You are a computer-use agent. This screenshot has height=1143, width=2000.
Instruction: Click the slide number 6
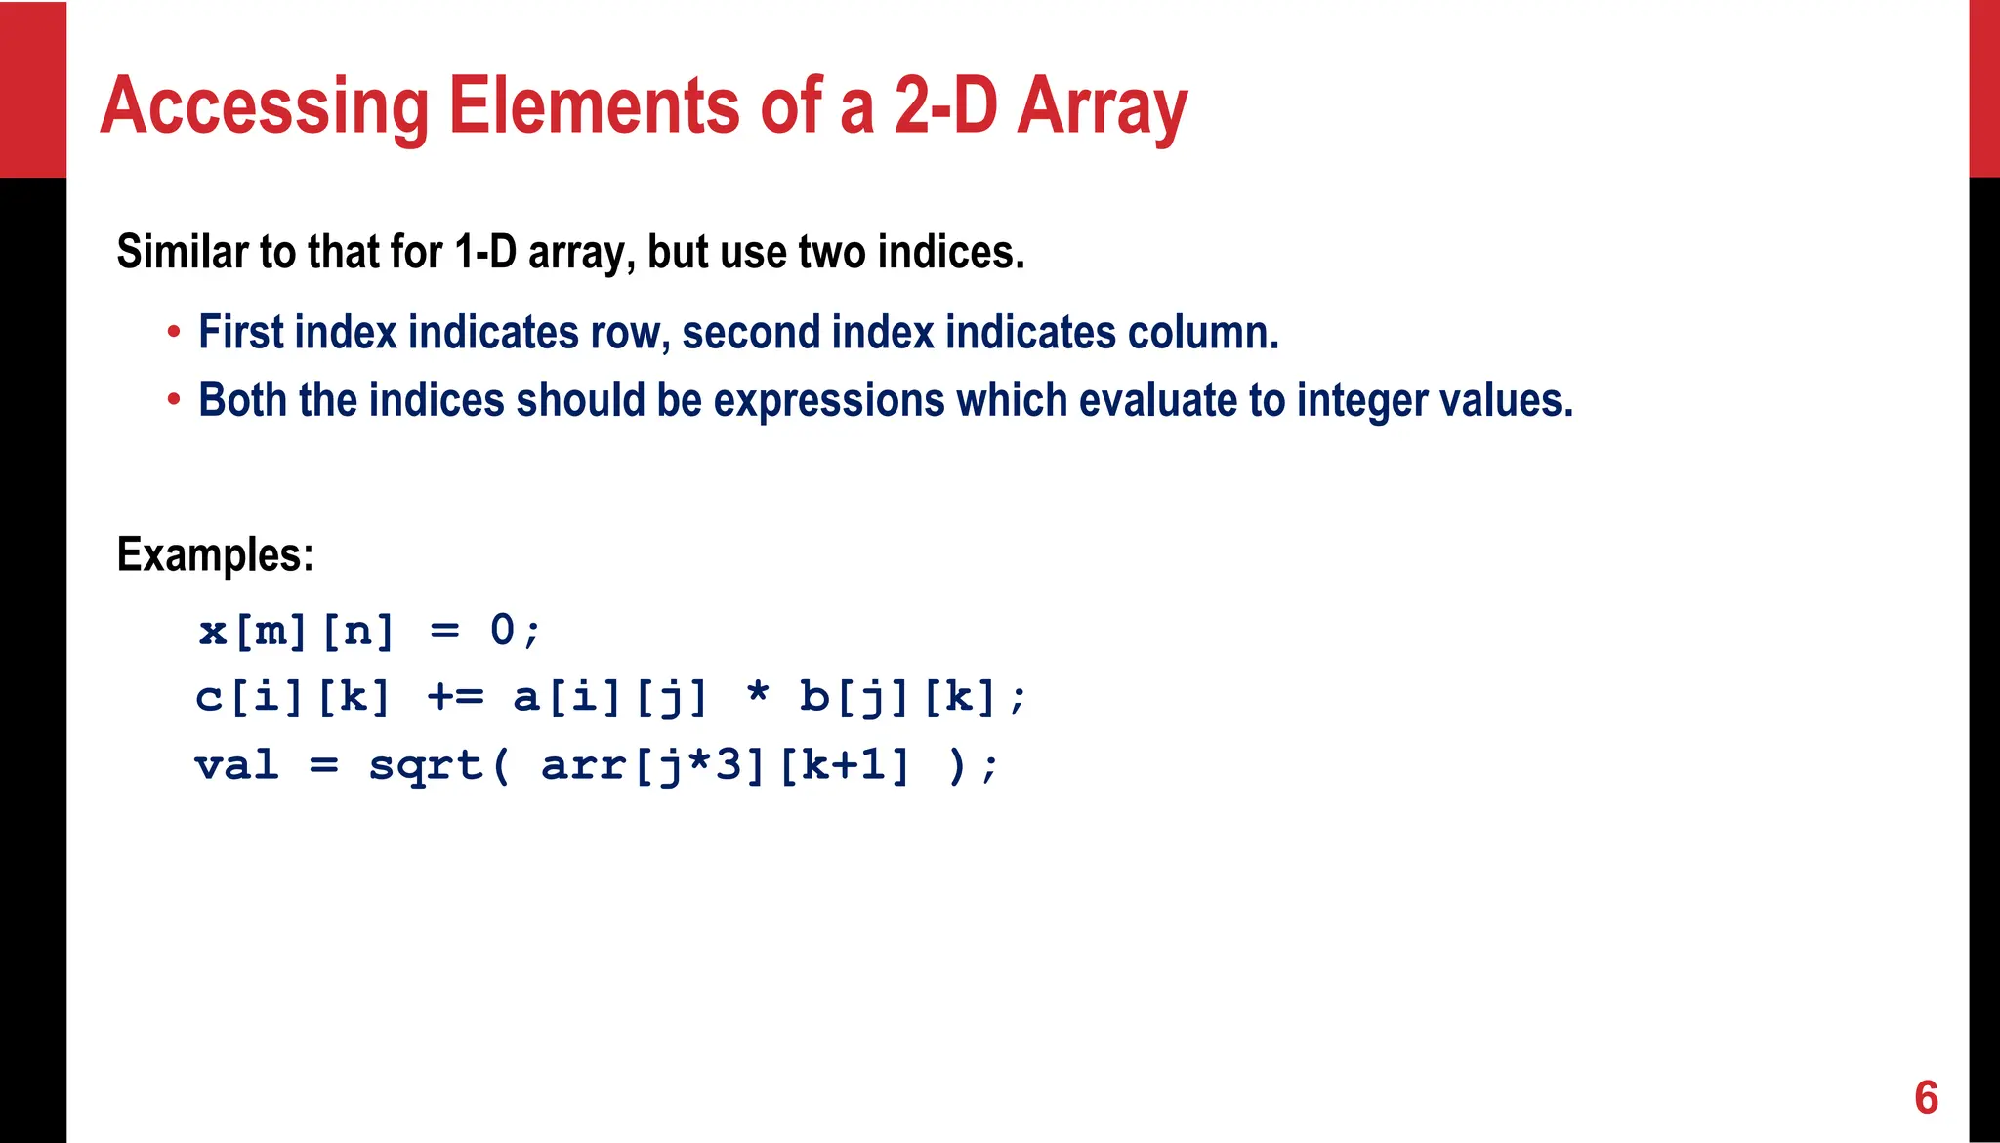(x=1926, y=1097)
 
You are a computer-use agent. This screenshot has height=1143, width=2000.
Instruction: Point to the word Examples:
(x=215, y=554)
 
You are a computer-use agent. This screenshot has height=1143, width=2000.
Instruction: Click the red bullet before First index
(x=174, y=333)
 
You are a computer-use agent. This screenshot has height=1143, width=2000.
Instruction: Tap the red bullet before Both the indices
(x=174, y=400)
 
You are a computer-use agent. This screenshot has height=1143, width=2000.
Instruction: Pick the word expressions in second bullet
(x=829, y=400)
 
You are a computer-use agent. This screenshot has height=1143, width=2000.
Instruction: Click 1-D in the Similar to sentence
(x=485, y=252)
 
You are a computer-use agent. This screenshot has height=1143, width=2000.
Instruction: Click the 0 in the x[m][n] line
(x=502, y=630)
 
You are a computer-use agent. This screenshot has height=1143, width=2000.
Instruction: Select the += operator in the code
(x=455, y=697)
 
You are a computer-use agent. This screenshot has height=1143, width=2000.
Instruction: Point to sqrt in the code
(x=426, y=764)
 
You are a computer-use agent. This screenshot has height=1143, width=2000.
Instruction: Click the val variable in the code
(x=236, y=764)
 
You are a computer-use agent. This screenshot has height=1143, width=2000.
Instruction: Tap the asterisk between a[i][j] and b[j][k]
(x=757, y=695)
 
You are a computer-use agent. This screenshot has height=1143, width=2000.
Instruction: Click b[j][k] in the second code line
(x=898, y=697)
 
